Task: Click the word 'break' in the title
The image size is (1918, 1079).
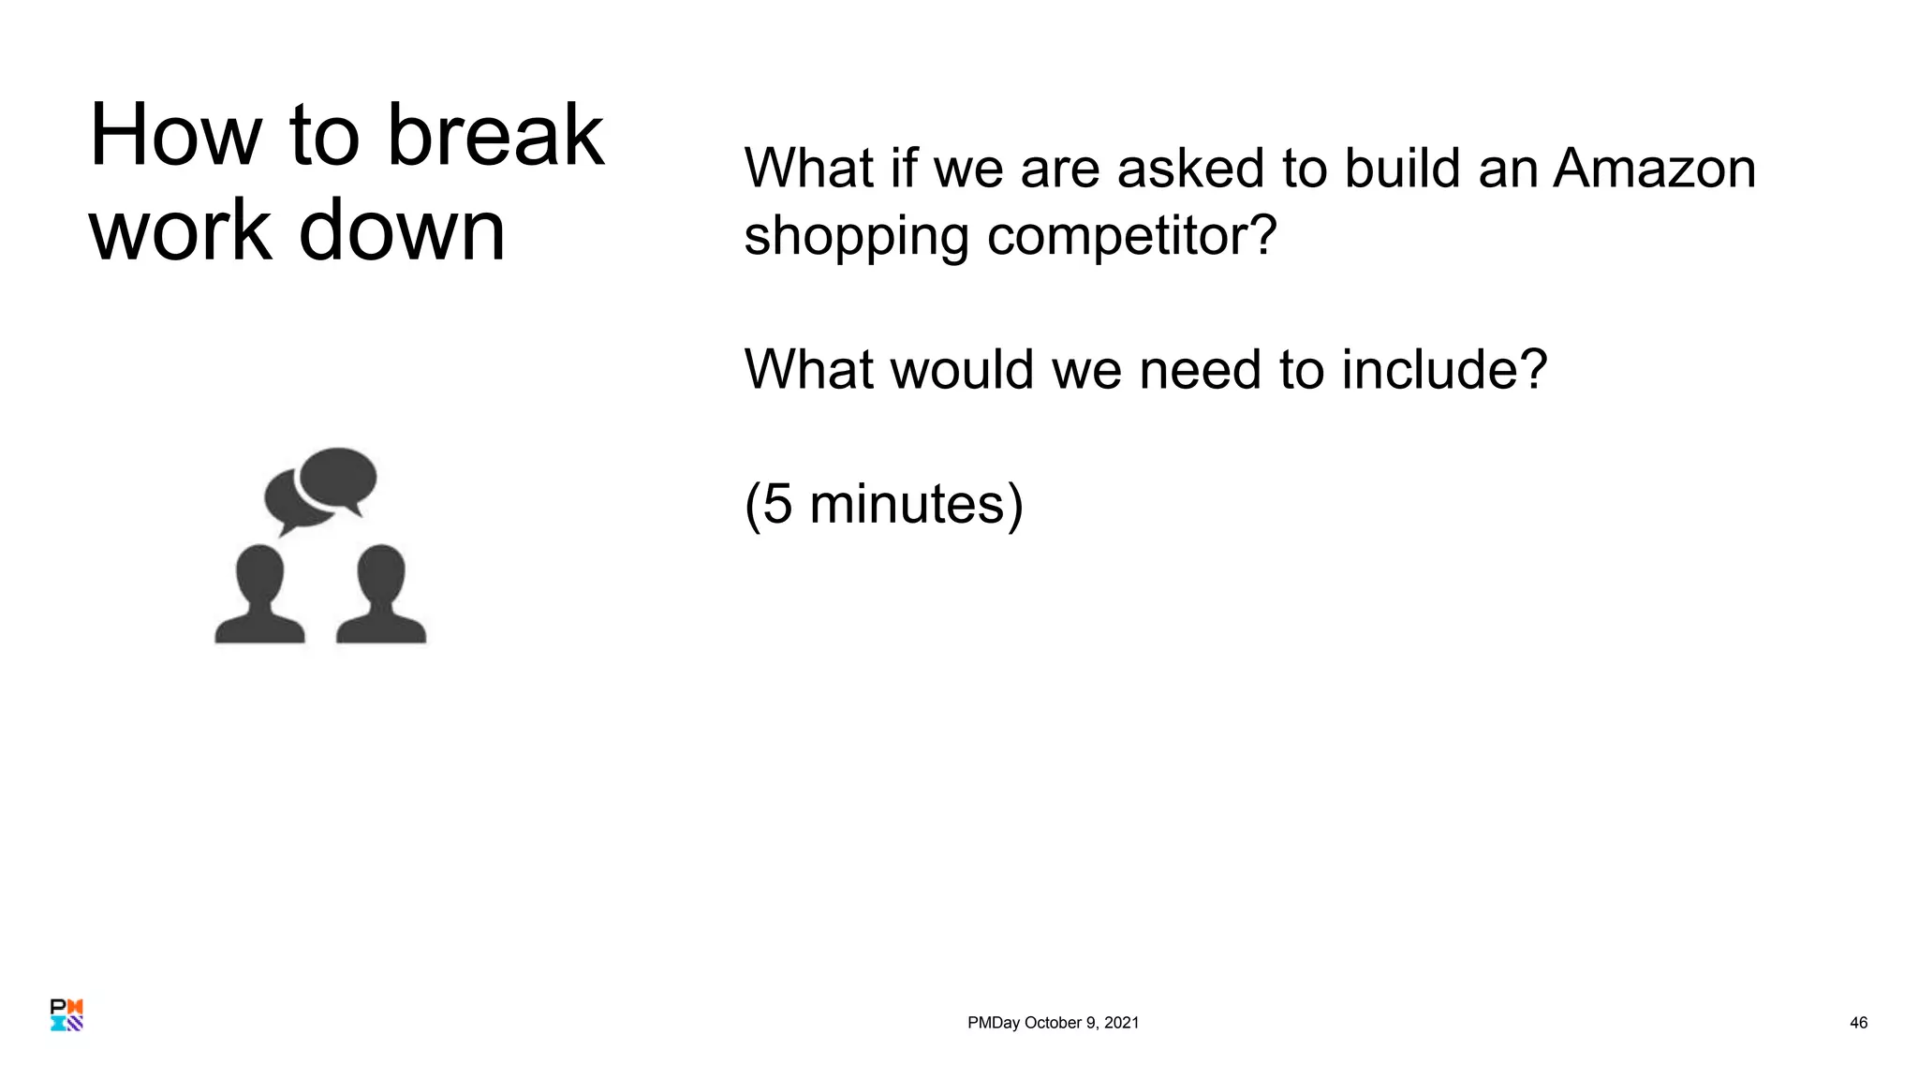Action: [495, 136]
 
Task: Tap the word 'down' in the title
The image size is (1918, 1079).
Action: [402, 230]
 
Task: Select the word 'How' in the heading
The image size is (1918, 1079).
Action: [175, 136]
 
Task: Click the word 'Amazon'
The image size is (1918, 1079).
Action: [1654, 169]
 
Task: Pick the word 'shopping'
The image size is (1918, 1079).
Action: [856, 237]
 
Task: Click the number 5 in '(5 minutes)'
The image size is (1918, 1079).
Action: [777, 504]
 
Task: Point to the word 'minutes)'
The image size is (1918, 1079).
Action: [916, 504]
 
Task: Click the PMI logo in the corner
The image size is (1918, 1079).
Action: [66, 1015]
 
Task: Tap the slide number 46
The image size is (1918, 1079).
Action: [1858, 1023]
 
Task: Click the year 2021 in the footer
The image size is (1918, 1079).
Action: [1121, 1023]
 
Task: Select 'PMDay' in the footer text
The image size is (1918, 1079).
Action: [993, 1023]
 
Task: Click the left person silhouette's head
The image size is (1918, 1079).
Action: [259, 574]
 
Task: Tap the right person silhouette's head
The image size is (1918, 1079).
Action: [381, 574]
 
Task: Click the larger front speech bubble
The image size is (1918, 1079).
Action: [337, 478]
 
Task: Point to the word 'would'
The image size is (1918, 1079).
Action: [963, 369]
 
